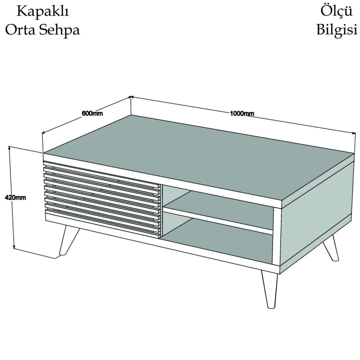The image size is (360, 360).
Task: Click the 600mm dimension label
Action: pos(92,113)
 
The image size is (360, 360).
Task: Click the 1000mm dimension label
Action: pos(242,113)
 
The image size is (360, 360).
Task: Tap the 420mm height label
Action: pos(15,198)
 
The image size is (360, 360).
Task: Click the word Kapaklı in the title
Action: pos(43,11)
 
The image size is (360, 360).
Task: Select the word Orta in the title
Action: pos(20,30)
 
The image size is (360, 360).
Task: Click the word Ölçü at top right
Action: pos(336,11)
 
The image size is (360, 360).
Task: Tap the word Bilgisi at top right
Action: pos(337,30)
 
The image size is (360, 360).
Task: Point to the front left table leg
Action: pos(68,240)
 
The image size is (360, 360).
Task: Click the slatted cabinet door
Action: pos(102,198)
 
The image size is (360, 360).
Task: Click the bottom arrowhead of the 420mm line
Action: pos(14,247)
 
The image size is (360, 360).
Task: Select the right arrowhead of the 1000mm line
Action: pos(353,133)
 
